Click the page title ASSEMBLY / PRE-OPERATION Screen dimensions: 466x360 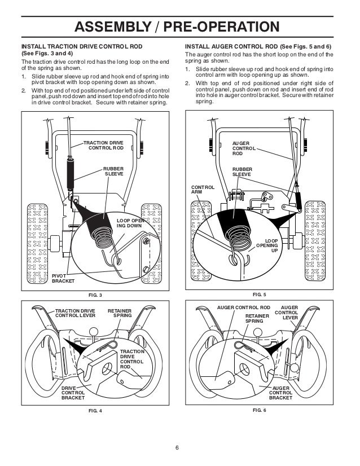click(x=179, y=27)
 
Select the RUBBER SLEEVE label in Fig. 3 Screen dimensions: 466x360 click(x=112, y=171)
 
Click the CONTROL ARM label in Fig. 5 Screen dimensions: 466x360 click(x=201, y=189)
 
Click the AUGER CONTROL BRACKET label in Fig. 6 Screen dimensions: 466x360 click(x=280, y=393)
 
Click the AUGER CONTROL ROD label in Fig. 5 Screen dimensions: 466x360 click(x=243, y=148)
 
